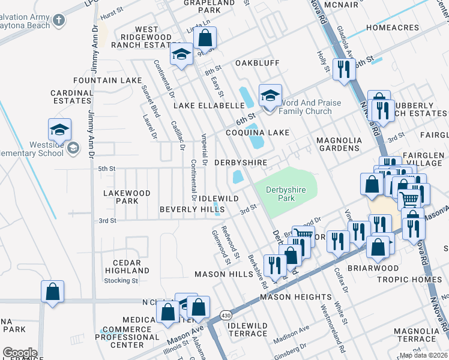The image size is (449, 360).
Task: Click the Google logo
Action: coord(20,353)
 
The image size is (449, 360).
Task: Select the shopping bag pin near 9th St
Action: coord(205,38)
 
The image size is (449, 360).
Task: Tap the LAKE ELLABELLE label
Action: coord(206,106)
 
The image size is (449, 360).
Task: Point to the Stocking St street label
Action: coord(121,280)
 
